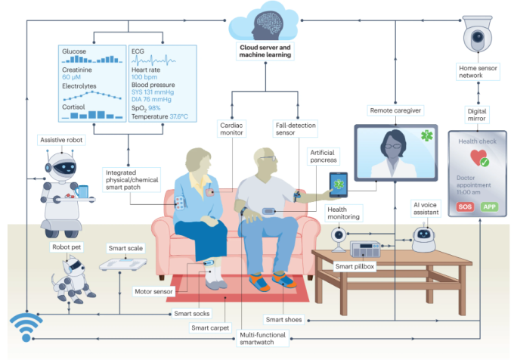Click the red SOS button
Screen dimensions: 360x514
(x=464, y=206)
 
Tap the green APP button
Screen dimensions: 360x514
(x=492, y=206)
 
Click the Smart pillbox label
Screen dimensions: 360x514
(x=356, y=267)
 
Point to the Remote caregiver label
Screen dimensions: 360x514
(x=395, y=110)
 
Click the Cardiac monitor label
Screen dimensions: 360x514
(x=234, y=128)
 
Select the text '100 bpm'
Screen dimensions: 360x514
(x=144, y=78)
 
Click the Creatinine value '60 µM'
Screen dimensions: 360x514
(x=72, y=78)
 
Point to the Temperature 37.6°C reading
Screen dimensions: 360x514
(x=159, y=116)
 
